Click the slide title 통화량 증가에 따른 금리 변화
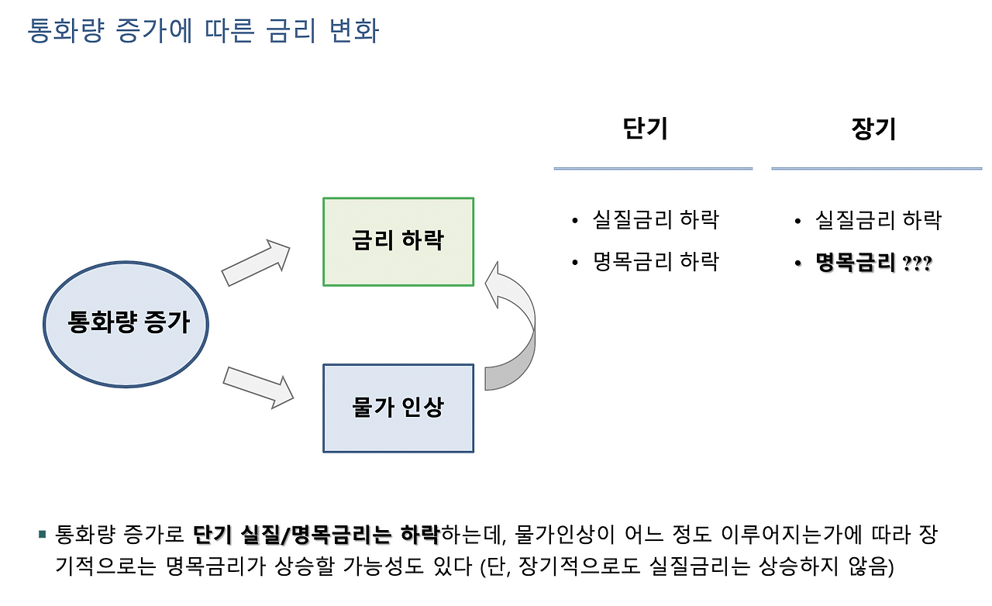point(203,31)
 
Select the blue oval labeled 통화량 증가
point(127,323)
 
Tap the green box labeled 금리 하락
point(398,241)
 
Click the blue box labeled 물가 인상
point(398,408)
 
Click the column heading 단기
point(645,129)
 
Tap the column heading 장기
point(873,129)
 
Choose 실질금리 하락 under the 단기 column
point(656,220)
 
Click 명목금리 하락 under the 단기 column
point(656,261)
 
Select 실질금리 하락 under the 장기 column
point(878,220)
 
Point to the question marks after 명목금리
point(918,264)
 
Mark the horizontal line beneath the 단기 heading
point(653,168)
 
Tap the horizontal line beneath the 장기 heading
point(877,168)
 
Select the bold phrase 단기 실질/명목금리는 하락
point(316,534)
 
